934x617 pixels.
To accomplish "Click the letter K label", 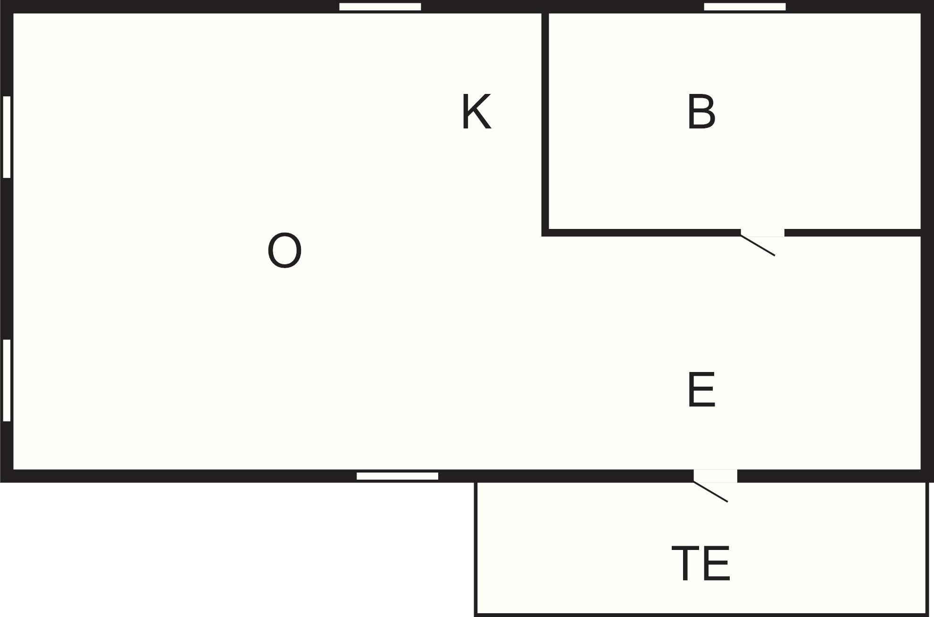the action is [476, 111].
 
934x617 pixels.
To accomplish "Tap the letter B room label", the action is [701, 111].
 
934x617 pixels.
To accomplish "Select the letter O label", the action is [284, 250].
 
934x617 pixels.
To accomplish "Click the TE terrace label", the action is [701, 563].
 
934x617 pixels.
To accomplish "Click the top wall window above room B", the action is [745, 7].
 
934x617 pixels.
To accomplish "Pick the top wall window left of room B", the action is [380, 7].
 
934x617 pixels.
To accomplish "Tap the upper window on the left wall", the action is [7, 137].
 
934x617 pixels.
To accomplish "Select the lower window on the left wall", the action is [7, 380].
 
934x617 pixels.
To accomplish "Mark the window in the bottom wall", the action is [397, 476].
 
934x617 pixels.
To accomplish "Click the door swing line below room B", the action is [758, 245].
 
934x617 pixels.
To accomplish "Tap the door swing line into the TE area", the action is [710, 491].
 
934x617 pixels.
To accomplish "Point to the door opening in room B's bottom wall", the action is [762, 233].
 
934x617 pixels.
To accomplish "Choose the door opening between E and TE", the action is [715, 476].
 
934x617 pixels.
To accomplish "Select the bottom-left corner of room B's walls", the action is [545, 233].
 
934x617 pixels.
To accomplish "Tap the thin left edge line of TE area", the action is [475, 549].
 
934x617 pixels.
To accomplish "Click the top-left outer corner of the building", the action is [1, 1].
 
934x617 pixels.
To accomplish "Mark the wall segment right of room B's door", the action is [853, 233].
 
